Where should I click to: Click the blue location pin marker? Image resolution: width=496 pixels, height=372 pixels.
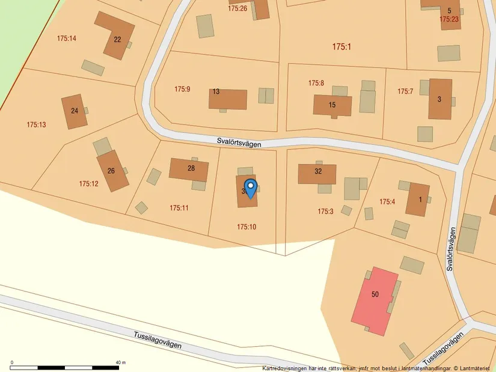pyautogui.click(x=250, y=188)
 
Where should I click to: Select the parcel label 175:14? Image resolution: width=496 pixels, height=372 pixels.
pyautogui.click(x=67, y=38)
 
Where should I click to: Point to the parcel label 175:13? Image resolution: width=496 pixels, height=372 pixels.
pyautogui.click(x=36, y=125)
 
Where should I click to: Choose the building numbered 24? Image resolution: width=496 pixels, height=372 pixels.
pyautogui.click(x=74, y=111)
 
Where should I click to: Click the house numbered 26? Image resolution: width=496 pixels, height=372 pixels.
pyautogui.click(x=112, y=171)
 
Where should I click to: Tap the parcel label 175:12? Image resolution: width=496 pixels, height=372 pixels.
pyautogui.click(x=88, y=184)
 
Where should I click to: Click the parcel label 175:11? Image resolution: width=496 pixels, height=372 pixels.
pyautogui.click(x=179, y=208)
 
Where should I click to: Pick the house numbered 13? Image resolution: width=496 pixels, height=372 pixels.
pyautogui.click(x=228, y=99)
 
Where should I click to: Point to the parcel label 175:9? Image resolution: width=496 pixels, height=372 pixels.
pyautogui.click(x=182, y=89)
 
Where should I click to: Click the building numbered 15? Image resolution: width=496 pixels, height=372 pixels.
pyautogui.click(x=332, y=105)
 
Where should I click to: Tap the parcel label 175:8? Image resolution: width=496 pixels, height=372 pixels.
pyautogui.click(x=316, y=83)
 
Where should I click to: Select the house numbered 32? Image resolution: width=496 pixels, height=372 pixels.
pyautogui.click(x=317, y=173)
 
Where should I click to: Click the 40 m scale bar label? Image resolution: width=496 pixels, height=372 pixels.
pyautogui.click(x=120, y=362)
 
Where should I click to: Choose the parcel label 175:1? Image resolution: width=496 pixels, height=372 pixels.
pyautogui.click(x=341, y=46)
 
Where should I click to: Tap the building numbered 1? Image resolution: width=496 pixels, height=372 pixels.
pyautogui.click(x=418, y=200)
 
